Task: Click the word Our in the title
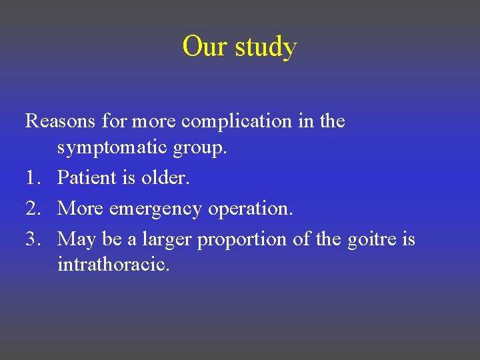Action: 203,47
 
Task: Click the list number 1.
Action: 33,179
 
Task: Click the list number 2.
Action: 33,209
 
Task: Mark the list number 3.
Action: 33,239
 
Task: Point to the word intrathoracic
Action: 113,265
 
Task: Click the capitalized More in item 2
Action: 81,209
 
